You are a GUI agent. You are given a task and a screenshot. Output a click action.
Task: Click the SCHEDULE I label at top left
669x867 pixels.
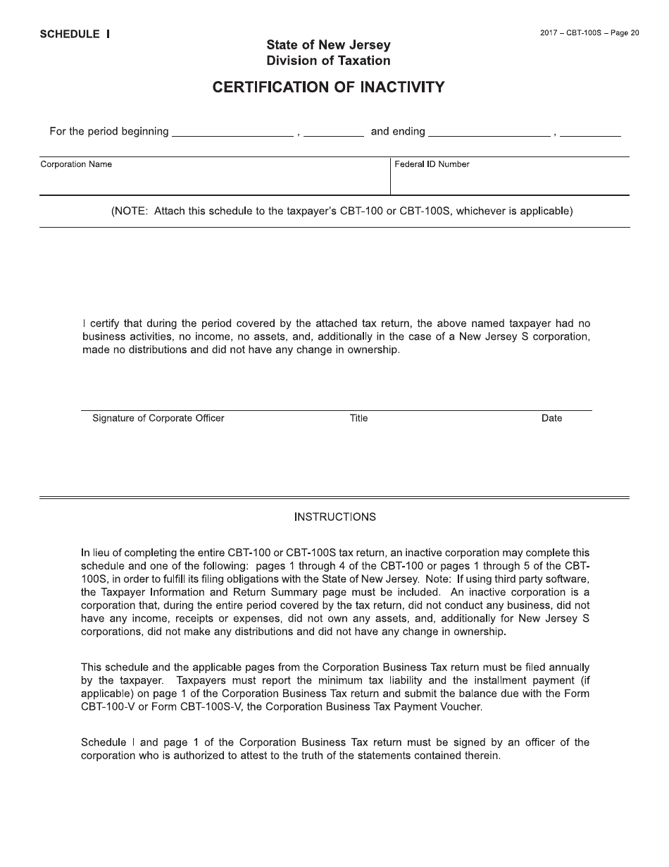pos(75,34)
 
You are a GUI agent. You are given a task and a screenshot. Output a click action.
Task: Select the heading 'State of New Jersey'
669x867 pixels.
pos(328,45)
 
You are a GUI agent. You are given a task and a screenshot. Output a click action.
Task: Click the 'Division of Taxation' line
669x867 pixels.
pos(328,61)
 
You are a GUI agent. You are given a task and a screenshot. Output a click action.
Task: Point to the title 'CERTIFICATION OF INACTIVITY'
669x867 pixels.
pos(329,87)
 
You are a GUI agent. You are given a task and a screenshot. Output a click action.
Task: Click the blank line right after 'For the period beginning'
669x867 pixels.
pos(232,132)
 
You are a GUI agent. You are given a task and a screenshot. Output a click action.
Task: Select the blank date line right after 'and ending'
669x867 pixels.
pos(489,132)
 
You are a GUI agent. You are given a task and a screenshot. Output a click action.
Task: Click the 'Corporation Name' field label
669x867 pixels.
pos(76,164)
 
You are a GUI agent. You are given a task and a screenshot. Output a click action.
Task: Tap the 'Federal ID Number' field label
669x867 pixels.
pos(432,164)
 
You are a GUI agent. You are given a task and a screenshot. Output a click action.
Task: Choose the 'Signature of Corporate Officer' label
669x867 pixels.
pos(158,418)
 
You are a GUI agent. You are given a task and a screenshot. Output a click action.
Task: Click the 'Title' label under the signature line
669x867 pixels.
pos(358,418)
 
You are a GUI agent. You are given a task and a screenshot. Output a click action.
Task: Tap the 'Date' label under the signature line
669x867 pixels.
pos(551,418)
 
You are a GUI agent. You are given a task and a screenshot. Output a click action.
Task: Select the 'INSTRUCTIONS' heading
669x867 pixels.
pos(334,517)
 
